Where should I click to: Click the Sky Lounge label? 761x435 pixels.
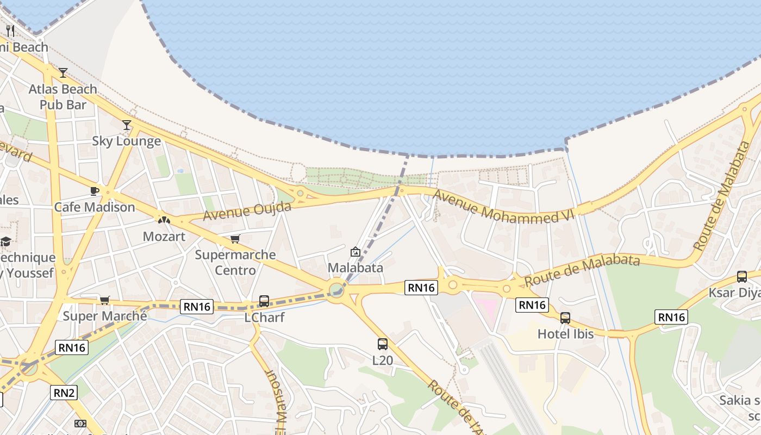pos(126,141)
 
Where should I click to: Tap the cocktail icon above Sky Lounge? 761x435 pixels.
pos(127,125)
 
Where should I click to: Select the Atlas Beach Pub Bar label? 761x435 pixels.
pos(63,96)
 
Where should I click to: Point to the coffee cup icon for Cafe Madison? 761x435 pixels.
pos(94,191)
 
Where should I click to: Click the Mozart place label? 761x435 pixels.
pos(164,237)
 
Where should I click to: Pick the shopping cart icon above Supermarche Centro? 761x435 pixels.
pos(235,239)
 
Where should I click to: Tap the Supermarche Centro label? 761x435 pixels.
pos(235,262)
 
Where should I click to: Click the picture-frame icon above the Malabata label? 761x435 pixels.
pos(355,252)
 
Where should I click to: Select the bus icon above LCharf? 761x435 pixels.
pos(264,301)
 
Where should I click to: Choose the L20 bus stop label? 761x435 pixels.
pos(383,360)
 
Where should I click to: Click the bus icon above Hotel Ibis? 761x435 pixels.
pos(565,318)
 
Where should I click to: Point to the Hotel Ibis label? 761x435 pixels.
pos(565,333)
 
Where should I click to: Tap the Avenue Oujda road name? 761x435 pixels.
pos(247,211)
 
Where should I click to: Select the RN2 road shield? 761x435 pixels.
pos(64,392)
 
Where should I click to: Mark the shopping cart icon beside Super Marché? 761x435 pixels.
pos(105,300)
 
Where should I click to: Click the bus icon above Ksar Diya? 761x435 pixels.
pos(742,276)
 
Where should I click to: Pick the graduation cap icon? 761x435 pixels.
pos(5,241)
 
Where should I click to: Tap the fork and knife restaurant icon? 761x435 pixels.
pos(10,30)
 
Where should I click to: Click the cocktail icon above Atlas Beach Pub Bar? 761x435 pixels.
pos(63,72)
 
